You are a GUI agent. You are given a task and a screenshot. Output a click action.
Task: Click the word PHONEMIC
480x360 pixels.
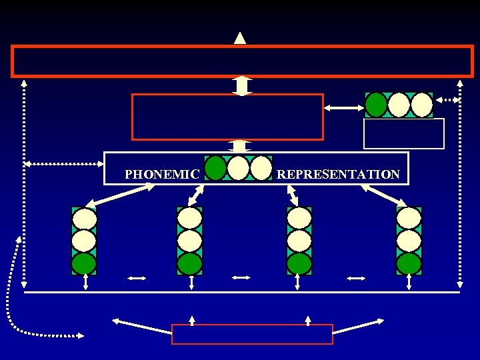tap(162, 175)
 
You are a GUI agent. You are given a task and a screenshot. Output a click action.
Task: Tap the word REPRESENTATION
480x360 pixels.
tap(338, 175)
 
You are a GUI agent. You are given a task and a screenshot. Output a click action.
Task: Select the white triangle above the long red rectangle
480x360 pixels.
tap(240, 38)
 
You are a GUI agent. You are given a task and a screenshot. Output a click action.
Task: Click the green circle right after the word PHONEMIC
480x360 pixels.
tap(216, 168)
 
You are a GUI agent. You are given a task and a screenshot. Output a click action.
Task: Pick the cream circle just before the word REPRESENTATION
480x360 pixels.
tap(261, 168)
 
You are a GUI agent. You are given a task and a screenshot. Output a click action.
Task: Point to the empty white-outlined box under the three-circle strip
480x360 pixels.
tap(403, 133)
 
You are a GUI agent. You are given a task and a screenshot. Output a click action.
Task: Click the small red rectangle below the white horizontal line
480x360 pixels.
tap(252, 334)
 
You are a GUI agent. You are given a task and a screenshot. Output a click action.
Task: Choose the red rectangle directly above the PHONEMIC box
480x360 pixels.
tap(227, 117)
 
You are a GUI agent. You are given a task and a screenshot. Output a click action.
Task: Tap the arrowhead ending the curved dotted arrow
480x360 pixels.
tap(81, 335)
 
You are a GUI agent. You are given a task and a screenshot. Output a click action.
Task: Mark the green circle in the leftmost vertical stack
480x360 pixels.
tap(84, 263)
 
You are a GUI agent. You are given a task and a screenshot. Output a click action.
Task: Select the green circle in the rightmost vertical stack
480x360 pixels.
tap(409, 263)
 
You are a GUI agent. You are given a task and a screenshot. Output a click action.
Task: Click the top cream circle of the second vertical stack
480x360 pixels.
tap(189, 218)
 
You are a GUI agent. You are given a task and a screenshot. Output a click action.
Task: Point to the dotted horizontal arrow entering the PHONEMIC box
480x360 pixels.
tap(64, 163)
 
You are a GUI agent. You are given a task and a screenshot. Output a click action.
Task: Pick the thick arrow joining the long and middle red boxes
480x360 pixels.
tap(241, 86)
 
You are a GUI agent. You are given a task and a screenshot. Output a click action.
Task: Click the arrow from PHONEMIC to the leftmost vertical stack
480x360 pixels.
tap(123, 195)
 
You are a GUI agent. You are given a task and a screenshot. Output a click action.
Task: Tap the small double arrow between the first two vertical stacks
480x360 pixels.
tap(137, 278)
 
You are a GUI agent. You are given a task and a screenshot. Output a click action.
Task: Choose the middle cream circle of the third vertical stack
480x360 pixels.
tap(299, 240)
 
